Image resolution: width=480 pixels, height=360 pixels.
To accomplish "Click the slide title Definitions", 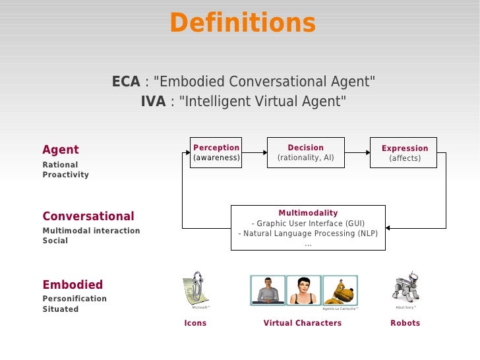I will point(243,24).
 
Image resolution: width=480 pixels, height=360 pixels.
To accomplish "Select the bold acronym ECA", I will point(125,82).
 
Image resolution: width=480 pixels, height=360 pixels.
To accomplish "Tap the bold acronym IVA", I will point(153,102).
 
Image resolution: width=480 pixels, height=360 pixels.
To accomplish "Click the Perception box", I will point(216,152).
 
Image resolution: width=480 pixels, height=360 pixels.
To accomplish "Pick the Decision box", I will point(305,152).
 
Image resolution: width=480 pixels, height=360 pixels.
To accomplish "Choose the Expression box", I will point(405,153).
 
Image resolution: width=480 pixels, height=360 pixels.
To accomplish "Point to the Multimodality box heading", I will point(308,213).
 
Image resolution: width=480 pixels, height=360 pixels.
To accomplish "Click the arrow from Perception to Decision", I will point(254,153).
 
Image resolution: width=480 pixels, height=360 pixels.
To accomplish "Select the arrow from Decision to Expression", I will point(357,153).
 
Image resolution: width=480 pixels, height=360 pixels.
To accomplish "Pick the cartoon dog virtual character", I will point(340,290).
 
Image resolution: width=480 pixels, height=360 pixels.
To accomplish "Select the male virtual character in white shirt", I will point(268,290).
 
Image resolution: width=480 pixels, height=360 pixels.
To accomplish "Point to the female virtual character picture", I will point(304,290).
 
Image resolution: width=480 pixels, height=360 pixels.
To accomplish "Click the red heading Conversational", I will point(88,216).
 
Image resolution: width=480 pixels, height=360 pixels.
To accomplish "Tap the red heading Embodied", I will point(73,285).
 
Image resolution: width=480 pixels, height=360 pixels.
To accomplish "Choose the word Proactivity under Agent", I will point(65,175).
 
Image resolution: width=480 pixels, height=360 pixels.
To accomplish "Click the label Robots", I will point(405,323).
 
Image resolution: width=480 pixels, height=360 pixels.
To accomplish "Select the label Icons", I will point(195,323).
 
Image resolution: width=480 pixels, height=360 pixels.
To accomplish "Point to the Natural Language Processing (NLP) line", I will point(308,234).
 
